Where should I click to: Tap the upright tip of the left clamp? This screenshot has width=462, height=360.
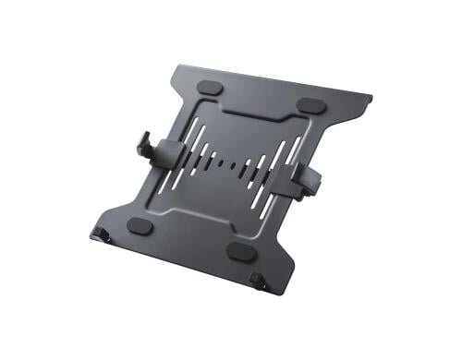point(141,142)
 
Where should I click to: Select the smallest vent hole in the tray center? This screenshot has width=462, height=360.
point(228,167)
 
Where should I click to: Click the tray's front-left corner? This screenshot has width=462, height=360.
point(96,228)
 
